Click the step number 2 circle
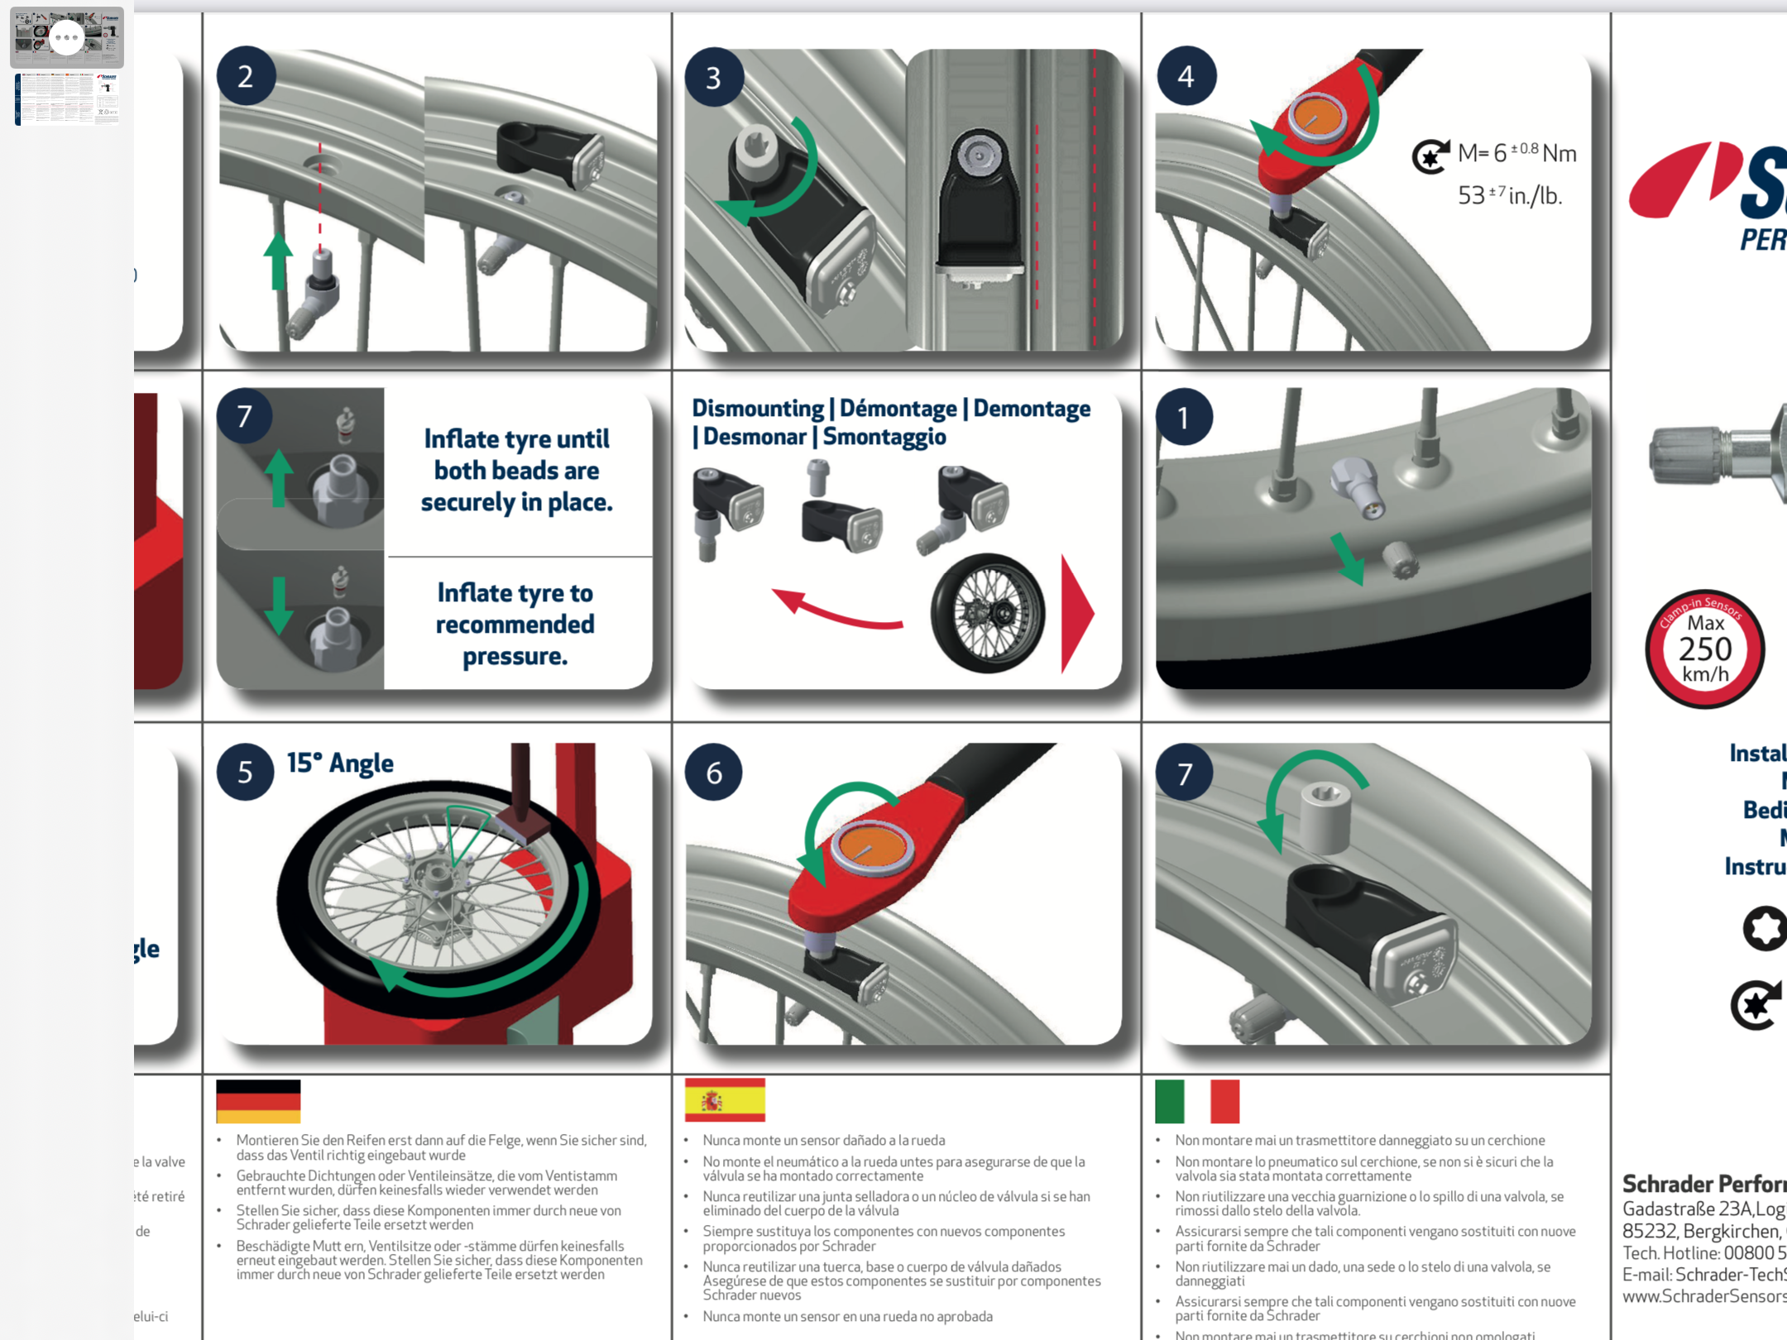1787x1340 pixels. pos(246,77)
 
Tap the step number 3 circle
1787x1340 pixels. pos(714,78)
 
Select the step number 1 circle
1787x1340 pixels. pos(1184,418)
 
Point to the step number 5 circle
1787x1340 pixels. pos(245,773)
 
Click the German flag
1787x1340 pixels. pos(258,1101)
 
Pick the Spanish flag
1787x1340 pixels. pos(725,1100)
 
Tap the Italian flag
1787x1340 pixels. pos(1196,1101)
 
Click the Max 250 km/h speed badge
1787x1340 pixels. pos(1705,649)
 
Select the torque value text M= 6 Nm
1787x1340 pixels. pos(1516,153)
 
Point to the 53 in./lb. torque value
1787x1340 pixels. pos(1509,196)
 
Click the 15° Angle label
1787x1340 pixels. pos(340,763)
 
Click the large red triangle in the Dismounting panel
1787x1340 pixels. pos(1076,614)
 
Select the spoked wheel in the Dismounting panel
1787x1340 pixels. pos(988,613)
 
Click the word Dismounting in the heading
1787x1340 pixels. pos(757,409)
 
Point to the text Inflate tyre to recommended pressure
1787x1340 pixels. pos(515,625)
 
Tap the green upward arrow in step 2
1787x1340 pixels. pos(278,261)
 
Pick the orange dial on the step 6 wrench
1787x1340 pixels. pos(872,848)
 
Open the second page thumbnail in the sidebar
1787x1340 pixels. pos(67,99)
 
